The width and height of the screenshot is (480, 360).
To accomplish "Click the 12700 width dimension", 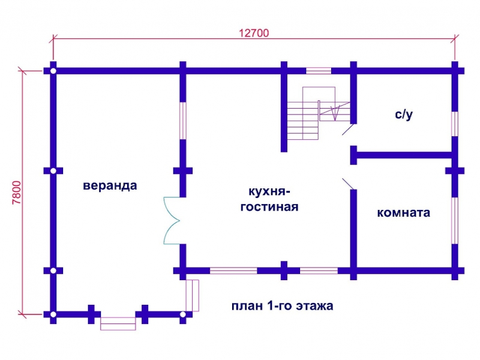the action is [254, 33].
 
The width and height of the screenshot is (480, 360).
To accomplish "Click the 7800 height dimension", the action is [17, 193].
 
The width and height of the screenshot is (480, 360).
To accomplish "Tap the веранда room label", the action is [110, 185].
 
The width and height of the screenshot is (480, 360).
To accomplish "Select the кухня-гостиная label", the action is [269, 199].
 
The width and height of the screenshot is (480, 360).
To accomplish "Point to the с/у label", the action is [404, 114].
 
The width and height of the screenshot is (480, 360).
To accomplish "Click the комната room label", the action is [403, 212].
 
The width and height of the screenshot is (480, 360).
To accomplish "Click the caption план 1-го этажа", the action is [282, 306].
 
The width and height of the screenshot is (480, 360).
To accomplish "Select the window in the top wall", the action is [319, 71].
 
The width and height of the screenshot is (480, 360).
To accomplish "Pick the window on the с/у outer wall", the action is [455, 124].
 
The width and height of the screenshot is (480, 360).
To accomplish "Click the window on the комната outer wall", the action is [455, 220].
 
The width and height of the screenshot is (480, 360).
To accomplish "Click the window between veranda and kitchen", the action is [183, 121].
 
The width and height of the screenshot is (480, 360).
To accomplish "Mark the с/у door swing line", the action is [348, 129].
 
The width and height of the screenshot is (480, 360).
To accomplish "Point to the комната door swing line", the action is [348, 184].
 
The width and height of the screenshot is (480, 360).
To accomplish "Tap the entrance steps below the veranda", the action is [118, 323].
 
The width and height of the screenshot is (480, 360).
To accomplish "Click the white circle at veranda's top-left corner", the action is [53, 71].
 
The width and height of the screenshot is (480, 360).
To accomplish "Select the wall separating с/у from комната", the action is [404, 155].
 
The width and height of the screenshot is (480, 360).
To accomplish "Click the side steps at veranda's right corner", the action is [193, 295].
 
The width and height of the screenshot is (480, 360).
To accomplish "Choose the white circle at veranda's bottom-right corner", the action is [183, 314].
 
